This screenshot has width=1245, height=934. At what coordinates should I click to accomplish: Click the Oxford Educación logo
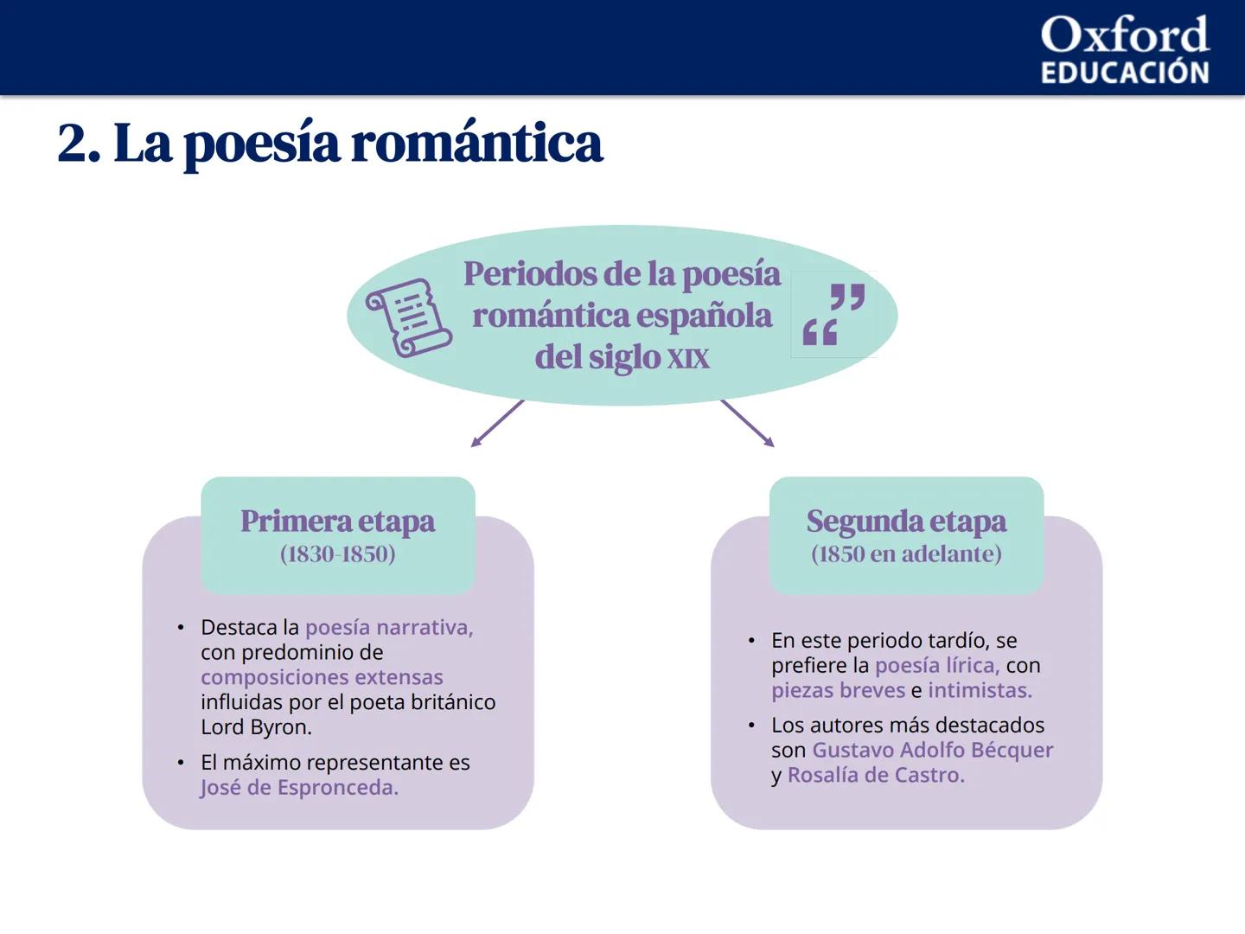(1124, 50)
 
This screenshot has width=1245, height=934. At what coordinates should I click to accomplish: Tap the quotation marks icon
(833, 314)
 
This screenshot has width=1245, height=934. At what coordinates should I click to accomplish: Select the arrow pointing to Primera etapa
(497, 424)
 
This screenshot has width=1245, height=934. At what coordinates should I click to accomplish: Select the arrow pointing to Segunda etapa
(747, 424)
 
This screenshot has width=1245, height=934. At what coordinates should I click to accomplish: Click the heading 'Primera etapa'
(337, 521)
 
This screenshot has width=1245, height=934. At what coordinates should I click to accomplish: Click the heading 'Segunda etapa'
(906, 521)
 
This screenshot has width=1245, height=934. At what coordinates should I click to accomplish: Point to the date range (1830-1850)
(337, 554)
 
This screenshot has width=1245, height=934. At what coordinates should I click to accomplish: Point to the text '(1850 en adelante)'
(906, 554)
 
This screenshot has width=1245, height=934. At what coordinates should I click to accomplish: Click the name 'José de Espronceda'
(298, 788)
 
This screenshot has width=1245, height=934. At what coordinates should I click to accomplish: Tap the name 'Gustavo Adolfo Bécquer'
(932, 750)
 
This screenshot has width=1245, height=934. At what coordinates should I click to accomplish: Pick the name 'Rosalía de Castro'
(875, 775)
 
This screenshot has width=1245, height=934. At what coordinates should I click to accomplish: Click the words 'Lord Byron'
(255, 727)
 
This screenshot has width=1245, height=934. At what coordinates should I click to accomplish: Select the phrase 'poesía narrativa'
(388, 627)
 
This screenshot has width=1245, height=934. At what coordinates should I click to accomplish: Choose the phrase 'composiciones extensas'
(322, 677)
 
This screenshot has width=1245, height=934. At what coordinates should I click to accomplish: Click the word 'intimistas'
(979, 690)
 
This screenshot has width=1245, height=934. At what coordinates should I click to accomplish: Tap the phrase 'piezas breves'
(838, 690)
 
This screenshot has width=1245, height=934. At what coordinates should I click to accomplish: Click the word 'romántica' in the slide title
(476, 143)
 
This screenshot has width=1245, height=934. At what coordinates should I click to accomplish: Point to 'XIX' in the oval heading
(687, 358)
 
